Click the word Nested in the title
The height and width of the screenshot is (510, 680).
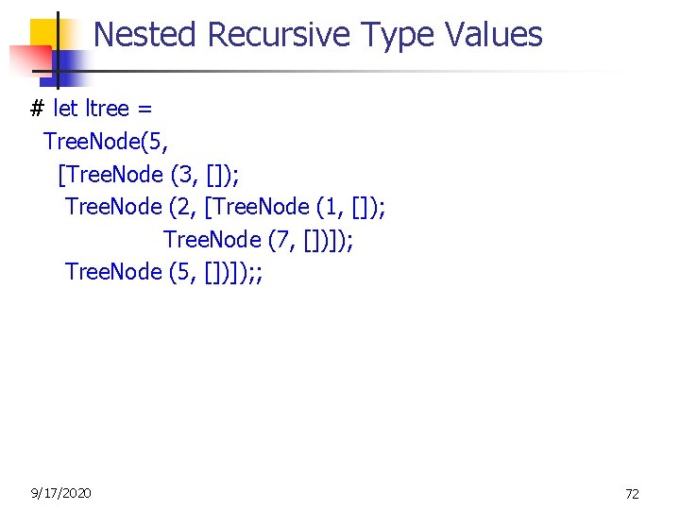coord(145,35)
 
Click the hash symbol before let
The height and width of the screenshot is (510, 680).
coord(38,109)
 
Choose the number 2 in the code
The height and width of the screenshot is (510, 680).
coord(183,207)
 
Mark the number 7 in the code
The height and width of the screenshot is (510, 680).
coord(281,240)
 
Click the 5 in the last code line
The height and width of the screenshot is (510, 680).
coord(183,272)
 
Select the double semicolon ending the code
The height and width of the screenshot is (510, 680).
coord(255,273)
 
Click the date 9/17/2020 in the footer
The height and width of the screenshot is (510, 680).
coord(61,492)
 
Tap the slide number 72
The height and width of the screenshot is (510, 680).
coord(632,493)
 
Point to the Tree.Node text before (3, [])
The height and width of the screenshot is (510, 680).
coord(114,175)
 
